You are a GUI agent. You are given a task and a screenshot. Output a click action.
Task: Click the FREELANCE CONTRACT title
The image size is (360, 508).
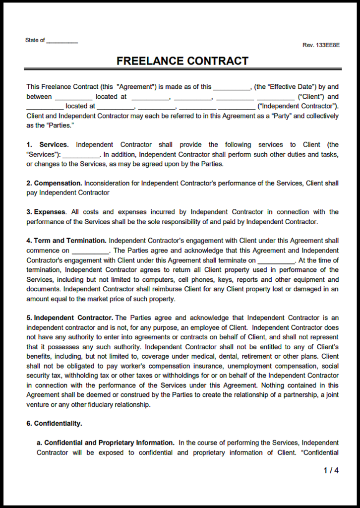pos(182,61)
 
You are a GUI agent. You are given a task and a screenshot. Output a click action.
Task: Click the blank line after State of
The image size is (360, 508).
pos(62,41)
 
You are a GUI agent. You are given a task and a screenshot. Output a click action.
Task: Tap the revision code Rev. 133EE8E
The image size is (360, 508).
pos(321,45)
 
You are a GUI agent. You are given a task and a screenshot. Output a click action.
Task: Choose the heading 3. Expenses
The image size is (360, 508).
pos(46,212)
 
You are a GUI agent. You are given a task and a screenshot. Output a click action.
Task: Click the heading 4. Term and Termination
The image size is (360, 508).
pos(66,241)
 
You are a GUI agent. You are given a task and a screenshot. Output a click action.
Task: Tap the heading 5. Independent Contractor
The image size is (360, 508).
pos(70,317)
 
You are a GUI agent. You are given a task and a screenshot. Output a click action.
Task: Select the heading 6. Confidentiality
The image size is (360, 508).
pos(55,423)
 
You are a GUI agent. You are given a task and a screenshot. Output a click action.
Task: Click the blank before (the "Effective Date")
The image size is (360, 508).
pos(232,87)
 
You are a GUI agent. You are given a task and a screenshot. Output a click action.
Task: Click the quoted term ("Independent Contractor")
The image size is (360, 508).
pos(298,106)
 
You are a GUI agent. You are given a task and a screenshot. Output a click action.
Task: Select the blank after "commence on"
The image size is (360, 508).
pos(90,251)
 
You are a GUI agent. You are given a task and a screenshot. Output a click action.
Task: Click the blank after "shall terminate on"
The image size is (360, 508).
pos(276,260)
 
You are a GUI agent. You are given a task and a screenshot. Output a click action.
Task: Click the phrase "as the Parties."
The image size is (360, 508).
pos(50,126)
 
